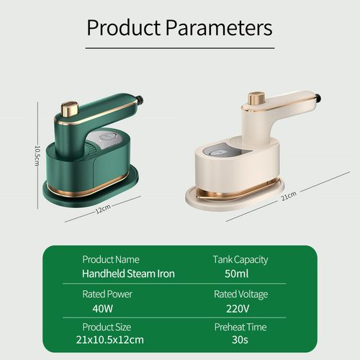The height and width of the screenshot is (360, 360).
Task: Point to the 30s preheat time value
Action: tap(240, 340)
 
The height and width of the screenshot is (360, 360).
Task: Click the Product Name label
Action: tap(111, 259)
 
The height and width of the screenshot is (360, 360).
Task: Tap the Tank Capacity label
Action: tap(240, 259)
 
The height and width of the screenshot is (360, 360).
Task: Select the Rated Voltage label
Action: tap(240, 294)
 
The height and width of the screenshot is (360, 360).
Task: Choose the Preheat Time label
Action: tap(240, 327)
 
